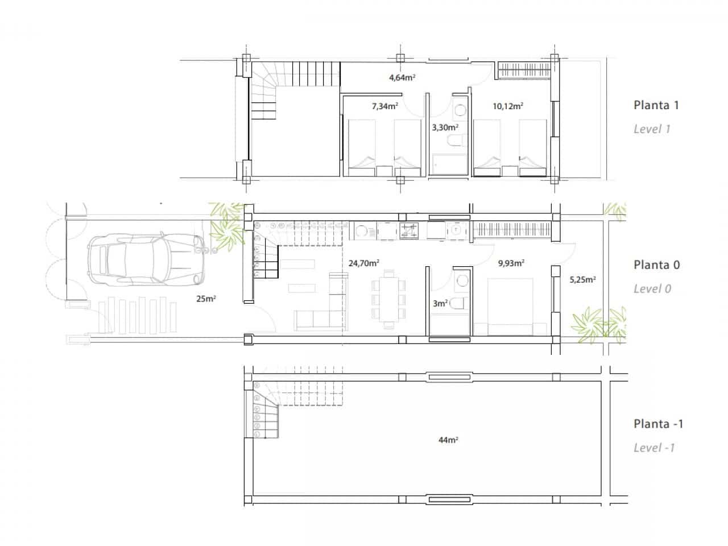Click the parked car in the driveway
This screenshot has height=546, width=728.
click(x=145, y=260)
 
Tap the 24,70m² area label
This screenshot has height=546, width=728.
click(x=363, y=263)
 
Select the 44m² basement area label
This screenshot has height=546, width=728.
click(x=449, y=440)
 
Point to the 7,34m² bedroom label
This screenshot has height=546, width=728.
click(x=384, y=106)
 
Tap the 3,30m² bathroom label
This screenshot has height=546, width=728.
click(x=445, y=127)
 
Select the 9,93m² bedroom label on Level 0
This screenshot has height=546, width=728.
click(x=511, y=263)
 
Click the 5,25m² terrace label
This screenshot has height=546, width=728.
click(x=582, y=279)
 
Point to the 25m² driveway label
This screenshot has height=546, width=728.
click(x=206, y=298)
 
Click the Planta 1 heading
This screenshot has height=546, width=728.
click(x=656, y=105)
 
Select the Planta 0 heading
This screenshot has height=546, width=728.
click(x=656, y=264)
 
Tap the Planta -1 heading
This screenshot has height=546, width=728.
click(x=658, y=424)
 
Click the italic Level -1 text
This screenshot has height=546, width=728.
click(x=654, y=448)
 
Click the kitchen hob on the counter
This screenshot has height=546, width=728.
click(x=408, y=230)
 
